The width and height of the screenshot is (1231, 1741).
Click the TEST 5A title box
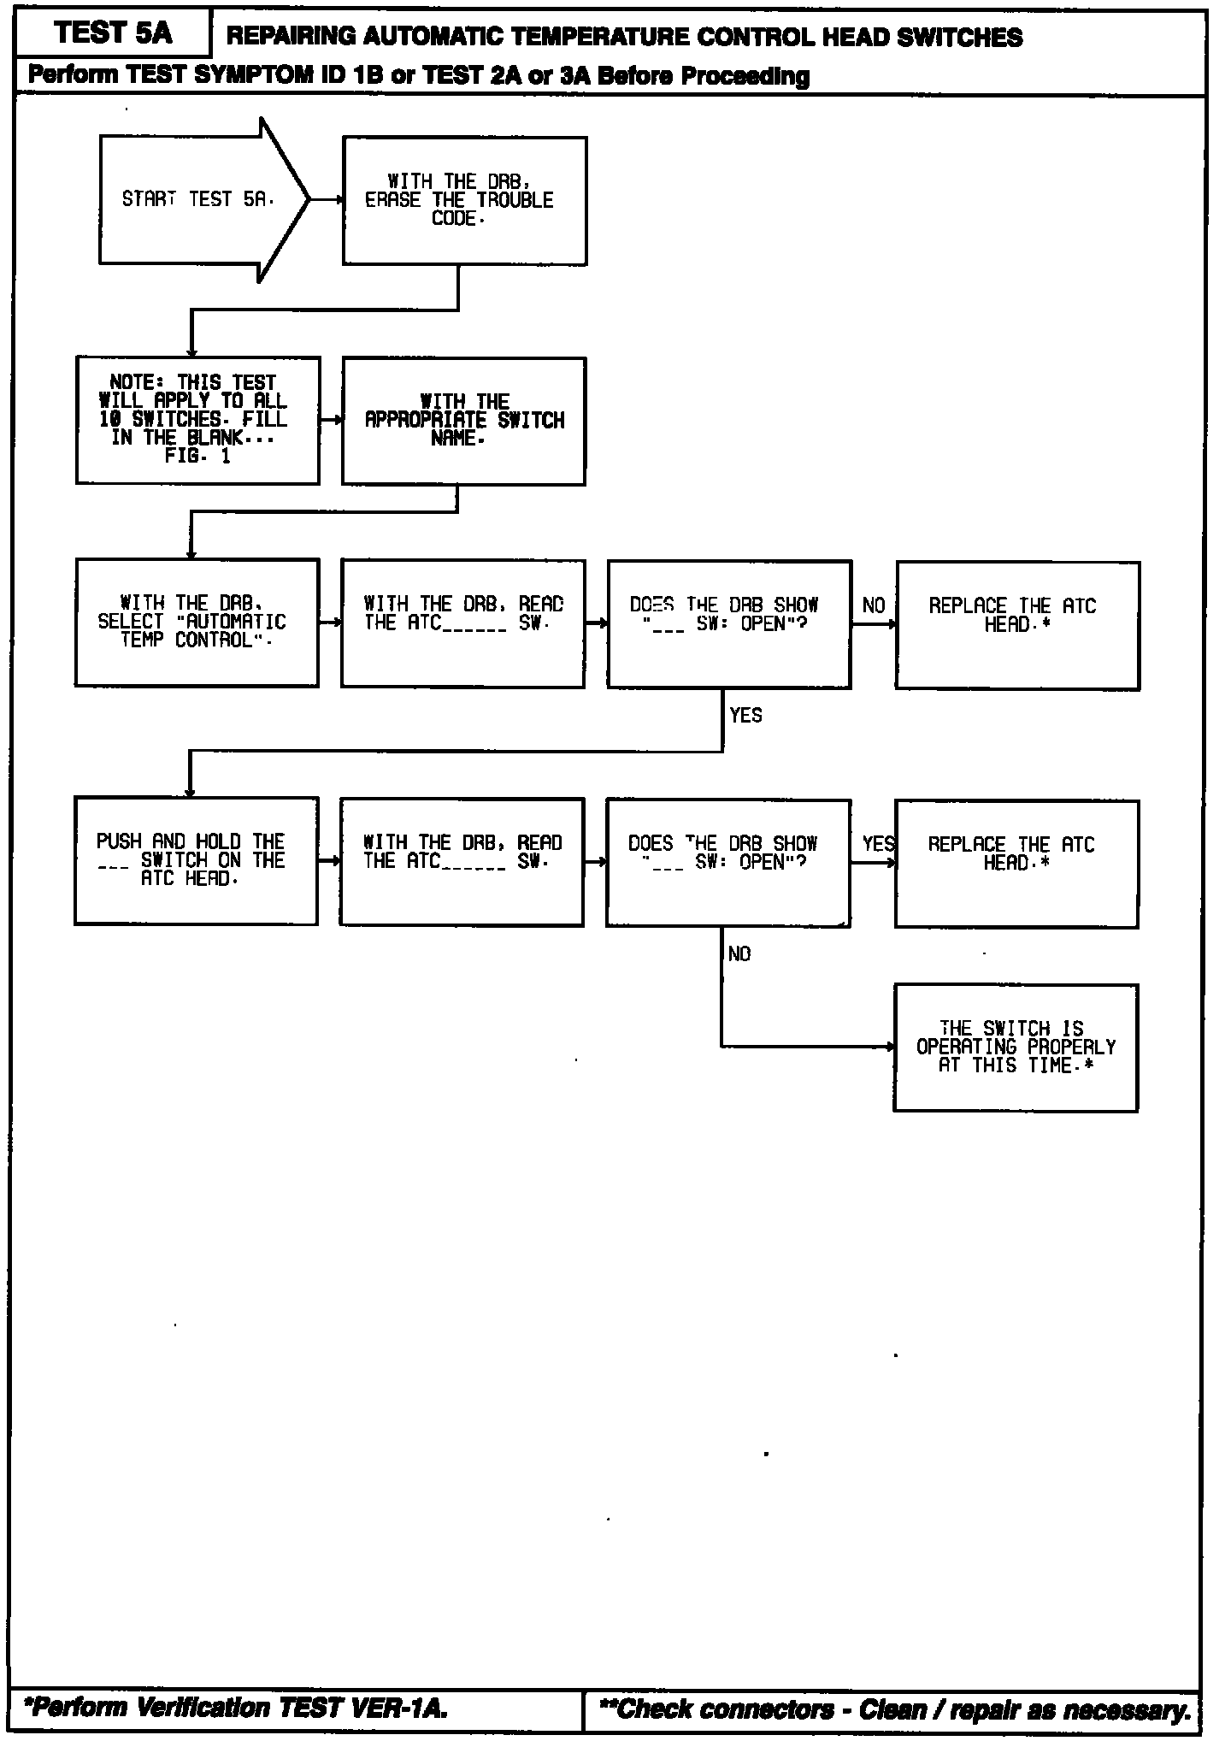(113, 33)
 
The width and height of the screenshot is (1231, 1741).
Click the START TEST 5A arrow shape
(197, 200)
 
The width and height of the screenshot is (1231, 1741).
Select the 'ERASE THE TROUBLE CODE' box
(464, 200)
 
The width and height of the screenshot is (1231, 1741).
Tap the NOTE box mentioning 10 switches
(197, 420)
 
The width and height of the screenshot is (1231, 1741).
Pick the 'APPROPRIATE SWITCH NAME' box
(464, 420)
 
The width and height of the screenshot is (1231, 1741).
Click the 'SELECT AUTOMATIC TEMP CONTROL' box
(197, 622)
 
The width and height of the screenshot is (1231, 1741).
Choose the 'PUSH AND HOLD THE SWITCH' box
(196, 860)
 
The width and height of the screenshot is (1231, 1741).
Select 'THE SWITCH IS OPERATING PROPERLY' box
(1016, 1047)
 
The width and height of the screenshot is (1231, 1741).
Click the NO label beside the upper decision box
(874, 606)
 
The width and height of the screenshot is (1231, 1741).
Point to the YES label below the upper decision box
(745, 716)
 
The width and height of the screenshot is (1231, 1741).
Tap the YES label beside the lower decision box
(878, 845)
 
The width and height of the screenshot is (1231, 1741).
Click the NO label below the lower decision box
(739, 954)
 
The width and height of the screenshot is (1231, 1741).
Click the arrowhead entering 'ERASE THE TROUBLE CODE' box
(339, 200)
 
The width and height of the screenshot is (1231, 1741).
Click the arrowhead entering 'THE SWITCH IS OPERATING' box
(890, 1047)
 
